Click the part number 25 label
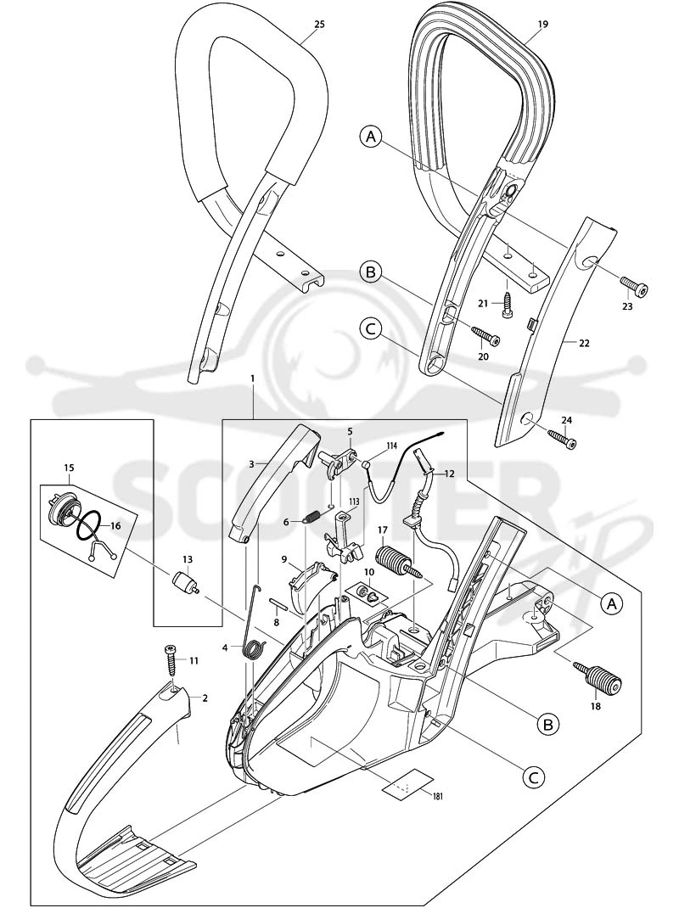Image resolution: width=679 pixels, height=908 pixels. pyautogui.click(x=319, y=24)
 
